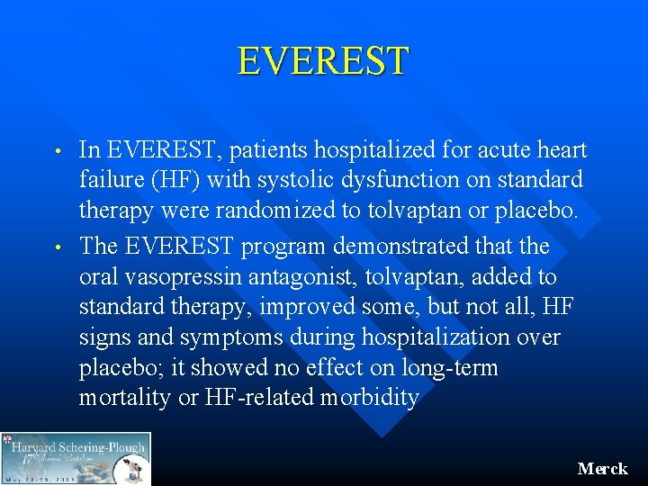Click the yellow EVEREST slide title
(x=323, y=61)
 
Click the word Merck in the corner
(x=602, y=469)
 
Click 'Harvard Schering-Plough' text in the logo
(x=77, y=445)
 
